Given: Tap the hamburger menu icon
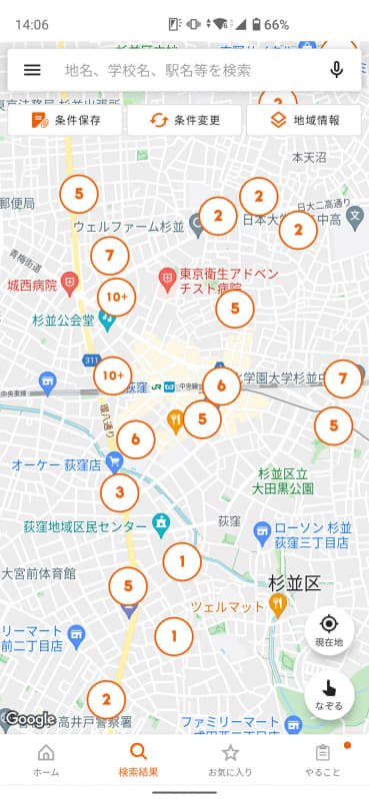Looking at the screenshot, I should click(32, 70).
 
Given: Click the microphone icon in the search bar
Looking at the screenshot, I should click(336, 70).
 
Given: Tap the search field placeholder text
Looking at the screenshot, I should click(158, 70).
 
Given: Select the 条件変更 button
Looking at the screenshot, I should click(185, 120).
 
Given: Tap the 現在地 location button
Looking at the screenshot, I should click(329, 628).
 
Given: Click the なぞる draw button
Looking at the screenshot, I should click(329, 691).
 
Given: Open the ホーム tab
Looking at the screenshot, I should click(46, 761).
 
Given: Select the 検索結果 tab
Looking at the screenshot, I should click(138, 761).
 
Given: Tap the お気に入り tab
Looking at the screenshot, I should click(230, 761).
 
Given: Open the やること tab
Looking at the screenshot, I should click(322, 761).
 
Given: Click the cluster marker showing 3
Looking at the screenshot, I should click(120, 491).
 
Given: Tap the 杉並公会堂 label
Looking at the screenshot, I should click(62, 321).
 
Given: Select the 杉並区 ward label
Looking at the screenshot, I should click(293, 583).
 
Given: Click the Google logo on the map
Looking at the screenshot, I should click(30, 718).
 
